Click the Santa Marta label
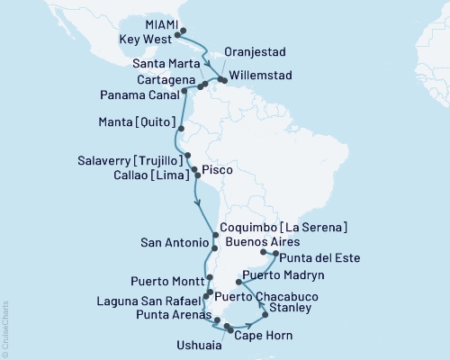[x=167, y=65]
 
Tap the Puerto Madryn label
[x=286, y=274]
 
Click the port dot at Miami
[x=184, y=31]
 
